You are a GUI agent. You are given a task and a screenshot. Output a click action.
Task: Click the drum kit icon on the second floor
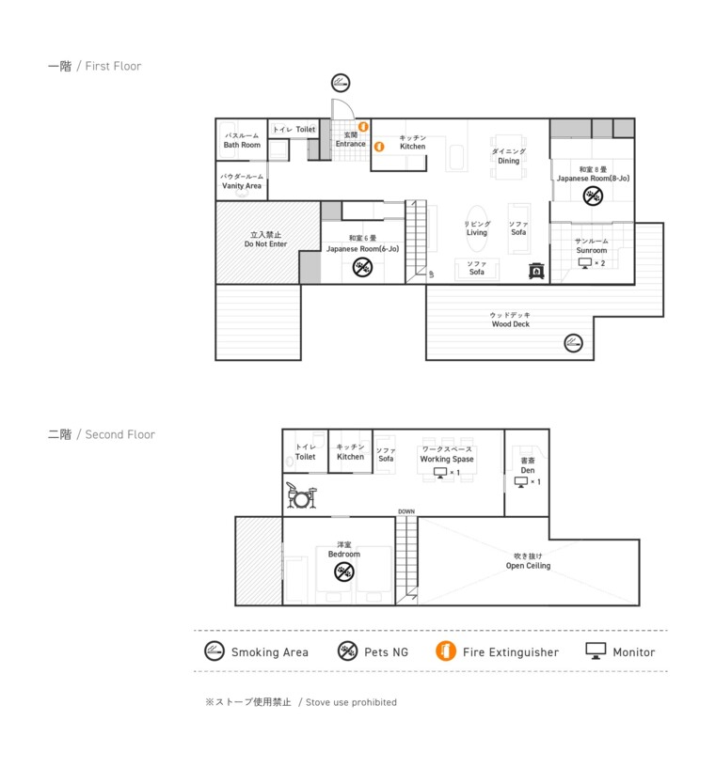[301, 494]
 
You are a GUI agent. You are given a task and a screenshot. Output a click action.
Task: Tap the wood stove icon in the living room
[536, 271]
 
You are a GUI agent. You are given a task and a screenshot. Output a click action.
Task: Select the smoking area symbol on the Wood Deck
[573, 343]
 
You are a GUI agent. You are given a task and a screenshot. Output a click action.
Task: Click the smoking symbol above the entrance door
[341, 83]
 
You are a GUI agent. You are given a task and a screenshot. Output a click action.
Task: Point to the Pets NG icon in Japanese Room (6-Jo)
[362, 267]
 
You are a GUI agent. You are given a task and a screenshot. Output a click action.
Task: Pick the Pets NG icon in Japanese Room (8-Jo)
[593, 196]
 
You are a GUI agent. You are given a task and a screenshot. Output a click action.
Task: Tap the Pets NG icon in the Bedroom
[344, 572]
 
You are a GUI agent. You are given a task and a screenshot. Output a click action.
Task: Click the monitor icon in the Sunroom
[584, 263]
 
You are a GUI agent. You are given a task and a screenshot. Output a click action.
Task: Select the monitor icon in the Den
[521, 482]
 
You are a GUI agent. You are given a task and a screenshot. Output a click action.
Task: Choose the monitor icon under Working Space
[440, 473]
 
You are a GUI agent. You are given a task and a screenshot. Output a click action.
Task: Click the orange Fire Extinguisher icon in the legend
[446, 650]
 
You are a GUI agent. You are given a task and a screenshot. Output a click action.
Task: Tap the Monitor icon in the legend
[596, 650]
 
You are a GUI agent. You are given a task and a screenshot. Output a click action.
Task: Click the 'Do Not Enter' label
[265, 243]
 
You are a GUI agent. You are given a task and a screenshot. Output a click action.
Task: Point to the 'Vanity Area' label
[242, 185]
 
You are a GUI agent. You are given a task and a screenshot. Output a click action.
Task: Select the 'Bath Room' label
[242, 145]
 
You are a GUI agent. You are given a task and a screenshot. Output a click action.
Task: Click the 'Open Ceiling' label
[529, 566]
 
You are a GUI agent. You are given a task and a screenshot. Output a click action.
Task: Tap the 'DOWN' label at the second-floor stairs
[406, 511]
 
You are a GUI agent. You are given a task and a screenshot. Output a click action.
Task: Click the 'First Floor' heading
[113, 66]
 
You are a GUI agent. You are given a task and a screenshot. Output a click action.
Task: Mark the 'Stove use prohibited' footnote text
[351, 702]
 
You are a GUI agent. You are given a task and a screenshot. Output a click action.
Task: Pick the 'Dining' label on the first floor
[509, 161]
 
